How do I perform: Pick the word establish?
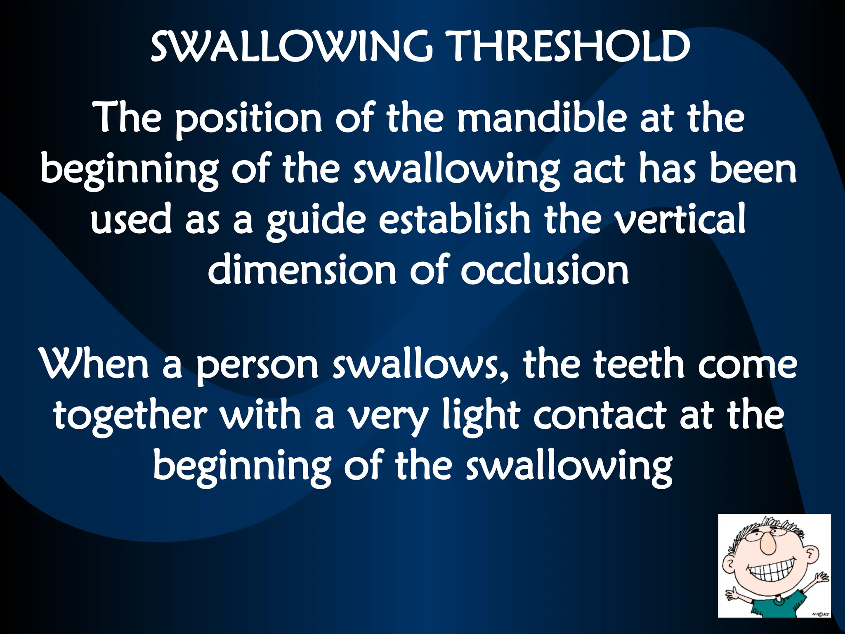[454, 219]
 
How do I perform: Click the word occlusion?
[545, 270]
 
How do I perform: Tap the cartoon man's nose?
[768, 545]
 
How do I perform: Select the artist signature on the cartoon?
[820, 614]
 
